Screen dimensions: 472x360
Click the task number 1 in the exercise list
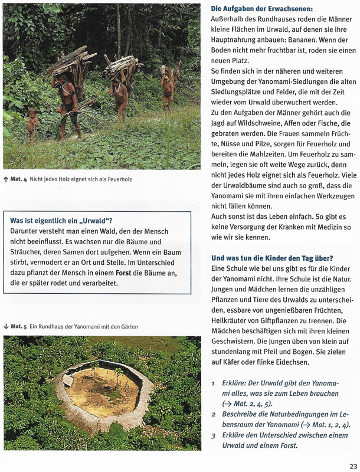[214, 382]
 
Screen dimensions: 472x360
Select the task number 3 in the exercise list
[214, 435]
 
